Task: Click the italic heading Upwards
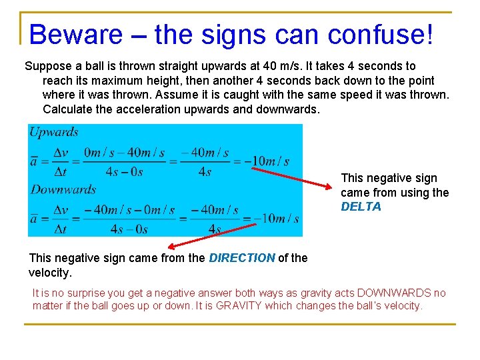pos(54,132)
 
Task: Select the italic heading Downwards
pos(63,189)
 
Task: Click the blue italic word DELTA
pos(361,207)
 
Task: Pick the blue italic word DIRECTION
pos(242,258)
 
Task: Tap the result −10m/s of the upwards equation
pos(267,161)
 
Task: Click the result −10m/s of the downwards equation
pos(276,218)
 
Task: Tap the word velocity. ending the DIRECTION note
pos(50,273)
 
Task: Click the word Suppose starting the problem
pos(47,66)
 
